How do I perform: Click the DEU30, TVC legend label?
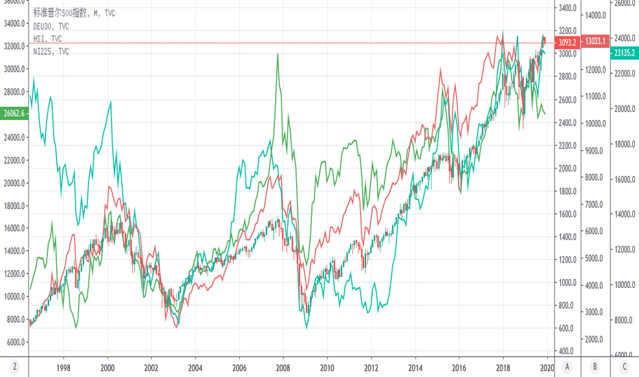(x=51, y=26)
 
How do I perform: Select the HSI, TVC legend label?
(x=48, y=39)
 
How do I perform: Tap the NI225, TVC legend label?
(x=51, y=51)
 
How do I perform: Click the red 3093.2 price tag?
(x=566, y=42)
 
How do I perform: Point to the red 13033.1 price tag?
(x=594, y=41)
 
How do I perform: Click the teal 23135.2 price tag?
(x=624, y=51)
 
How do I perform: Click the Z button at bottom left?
(x=14, y=367)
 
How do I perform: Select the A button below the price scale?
(x=567, y=367)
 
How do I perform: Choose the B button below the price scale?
(x=595, y=367)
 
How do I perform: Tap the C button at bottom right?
(x=624, y=367)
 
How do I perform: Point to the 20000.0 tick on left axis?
(x=14, y=183)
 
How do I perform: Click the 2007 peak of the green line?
(x=278, y=55)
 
